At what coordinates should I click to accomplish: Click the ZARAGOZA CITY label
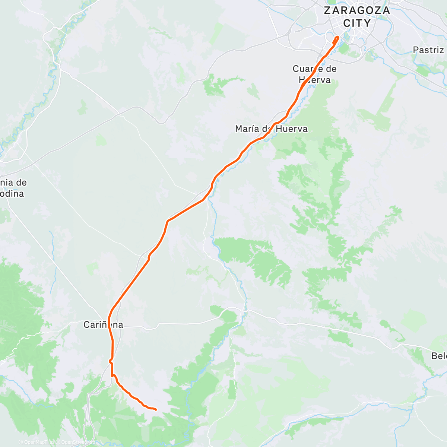tap(356, 17)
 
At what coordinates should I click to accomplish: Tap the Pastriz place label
tap(428, 50)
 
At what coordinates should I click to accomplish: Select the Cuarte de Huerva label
tap(314, 74)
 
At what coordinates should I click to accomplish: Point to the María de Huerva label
tap(271, 129)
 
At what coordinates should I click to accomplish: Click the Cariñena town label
tap(103, 325)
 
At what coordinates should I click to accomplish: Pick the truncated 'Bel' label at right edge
tap(439, 356)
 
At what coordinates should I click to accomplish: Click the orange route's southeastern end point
tap(155, 409)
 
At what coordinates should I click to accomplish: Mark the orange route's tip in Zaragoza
tap(337, 37)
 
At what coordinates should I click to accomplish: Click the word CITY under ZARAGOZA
tap(357, 23)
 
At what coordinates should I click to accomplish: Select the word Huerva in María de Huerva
tap(292, 129)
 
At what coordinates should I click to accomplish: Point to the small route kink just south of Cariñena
tap(110, 361)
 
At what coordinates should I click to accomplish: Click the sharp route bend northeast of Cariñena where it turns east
tap(168, 222)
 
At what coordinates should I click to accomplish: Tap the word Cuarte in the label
tap(305, 69)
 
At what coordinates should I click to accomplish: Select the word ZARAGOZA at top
tap(356, 10)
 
